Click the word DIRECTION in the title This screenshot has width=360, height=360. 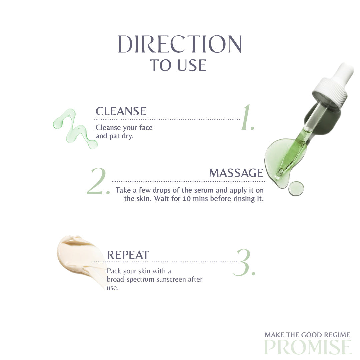click(x=180, y=44)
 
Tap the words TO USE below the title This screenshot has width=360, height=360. click(x=178, y=65)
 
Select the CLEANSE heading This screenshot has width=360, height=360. click(x=121, y=111)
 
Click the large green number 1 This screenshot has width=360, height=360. click(x=247, y=118)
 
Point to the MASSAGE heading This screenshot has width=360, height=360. click(x=236, y=173)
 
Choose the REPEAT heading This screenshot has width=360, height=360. click(x=128, y=255)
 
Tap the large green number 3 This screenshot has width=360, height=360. click(x=244, y=262)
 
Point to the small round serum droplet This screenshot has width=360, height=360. click(x=296, y=188)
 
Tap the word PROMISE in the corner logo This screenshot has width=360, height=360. click(x=308, y=347)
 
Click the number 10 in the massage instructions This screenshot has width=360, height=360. click(x=187, y=199)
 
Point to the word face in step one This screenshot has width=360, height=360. click(x=146, y=127)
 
